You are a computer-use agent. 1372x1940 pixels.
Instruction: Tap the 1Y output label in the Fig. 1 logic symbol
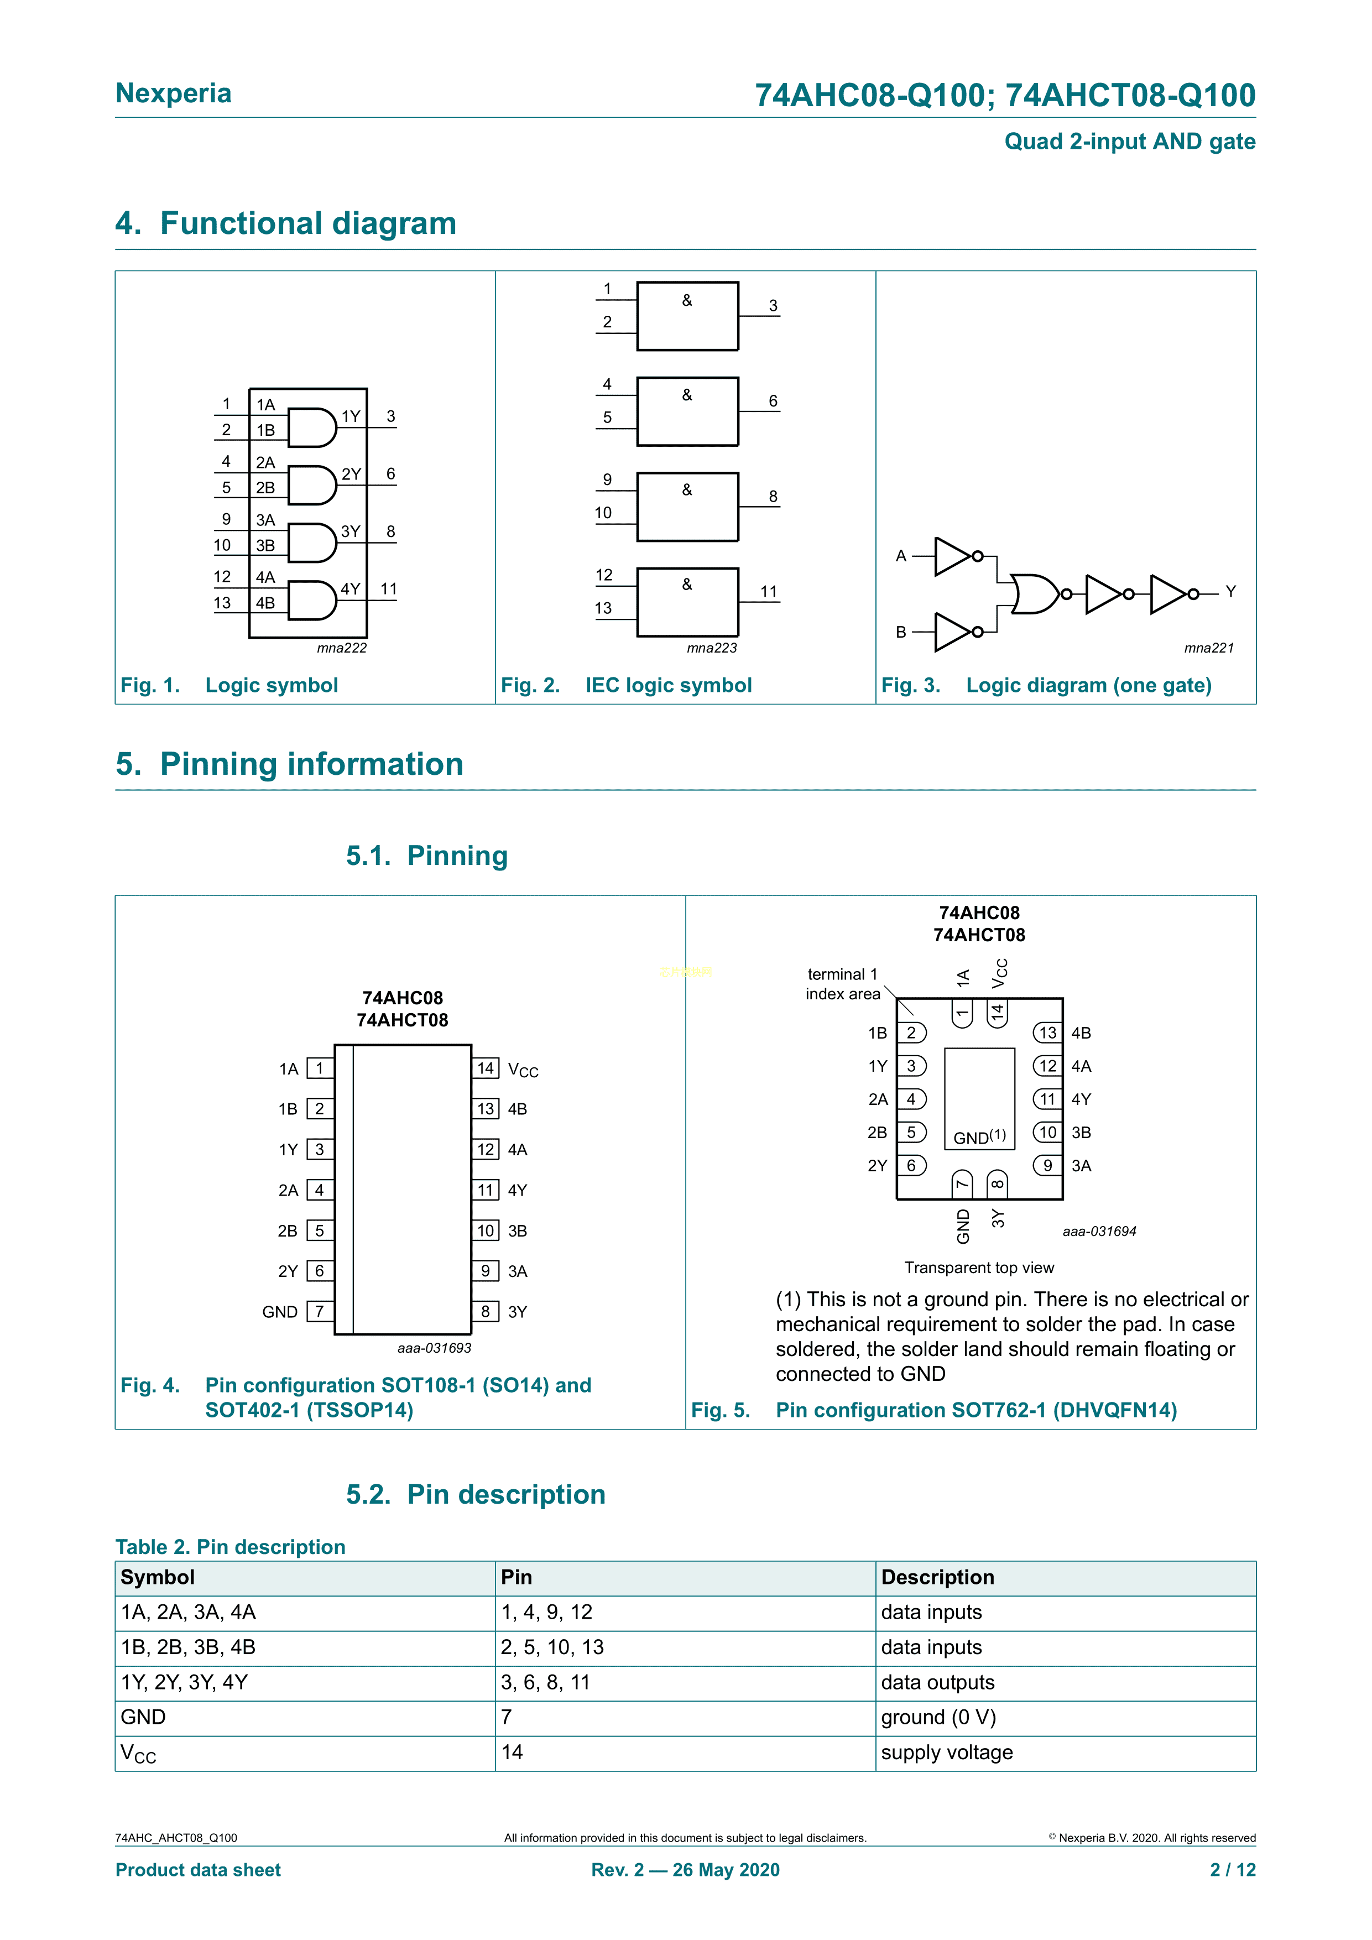(x=351, y=416)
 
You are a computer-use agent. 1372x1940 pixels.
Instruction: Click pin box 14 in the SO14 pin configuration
(x=485, y=1068)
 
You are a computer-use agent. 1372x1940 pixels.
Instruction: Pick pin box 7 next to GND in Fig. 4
(x=319, y=1311)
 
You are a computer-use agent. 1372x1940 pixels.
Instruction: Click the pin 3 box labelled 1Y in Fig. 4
(x=319, y=1149)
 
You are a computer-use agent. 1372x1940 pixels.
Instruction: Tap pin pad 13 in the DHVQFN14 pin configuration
(x=1047, y=1032)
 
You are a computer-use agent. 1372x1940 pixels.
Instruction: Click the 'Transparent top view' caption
(x=979, y=1268)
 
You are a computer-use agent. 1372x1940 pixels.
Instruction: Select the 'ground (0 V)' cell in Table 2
(x=938, y=1718)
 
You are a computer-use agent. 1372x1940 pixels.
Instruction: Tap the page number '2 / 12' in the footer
(x=1233, y=1870)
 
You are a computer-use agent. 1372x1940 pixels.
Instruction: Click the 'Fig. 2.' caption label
(x=530, y=685)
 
